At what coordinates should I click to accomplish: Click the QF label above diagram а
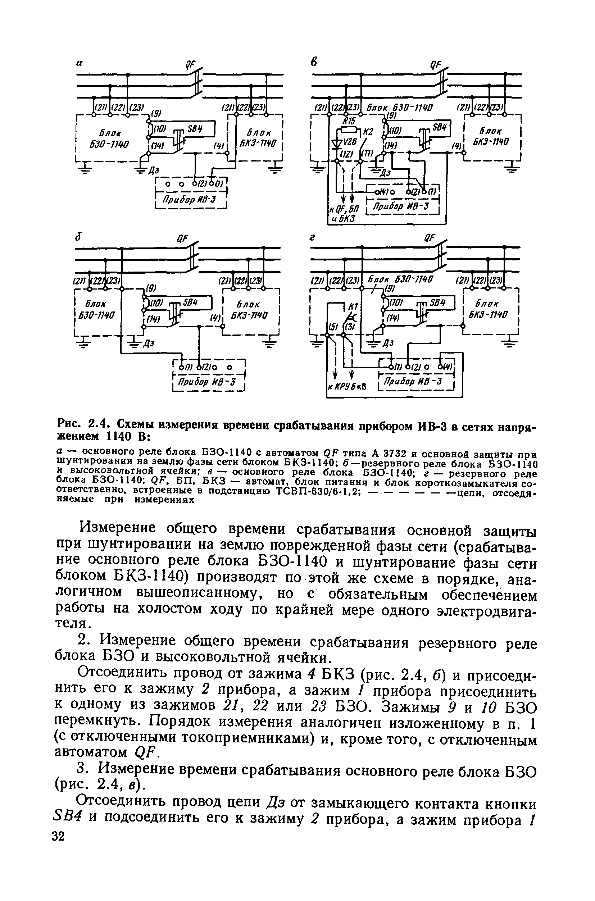tap(189, 64)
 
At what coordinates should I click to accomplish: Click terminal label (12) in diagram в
tap(346, 154)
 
